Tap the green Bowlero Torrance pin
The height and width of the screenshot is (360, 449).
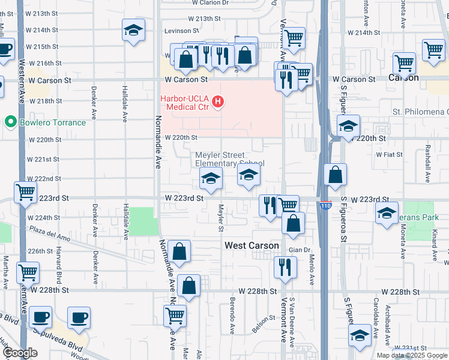coord(10,122)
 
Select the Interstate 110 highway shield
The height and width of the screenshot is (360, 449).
coord(325,205)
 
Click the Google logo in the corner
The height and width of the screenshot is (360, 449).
coord(20,353)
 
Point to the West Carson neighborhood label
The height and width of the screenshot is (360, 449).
coord(252,245)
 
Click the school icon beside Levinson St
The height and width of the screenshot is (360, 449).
coord(133,31)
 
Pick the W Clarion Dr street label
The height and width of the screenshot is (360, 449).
coord(210,3)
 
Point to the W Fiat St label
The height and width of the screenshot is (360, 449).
coord(389,154)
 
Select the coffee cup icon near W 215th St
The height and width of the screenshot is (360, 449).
coord(5,49)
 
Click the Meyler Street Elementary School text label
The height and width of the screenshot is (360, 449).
coord(229,159)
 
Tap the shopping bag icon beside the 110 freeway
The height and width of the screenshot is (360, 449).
coord(336,175)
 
